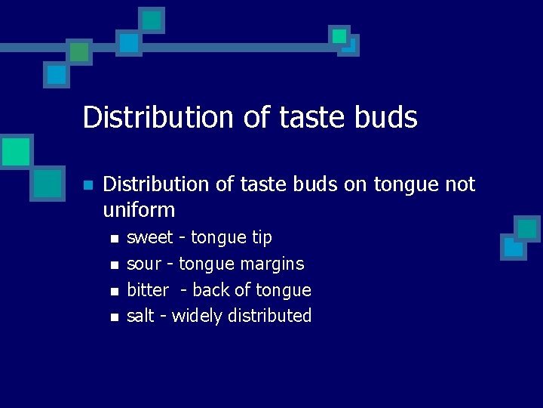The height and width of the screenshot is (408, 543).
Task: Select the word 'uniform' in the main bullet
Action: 138,210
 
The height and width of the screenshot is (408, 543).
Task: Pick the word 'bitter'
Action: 148,290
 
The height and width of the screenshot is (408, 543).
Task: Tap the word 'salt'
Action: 140,316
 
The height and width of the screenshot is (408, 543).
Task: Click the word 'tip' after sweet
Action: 262,237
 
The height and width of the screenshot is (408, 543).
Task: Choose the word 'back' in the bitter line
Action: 213,290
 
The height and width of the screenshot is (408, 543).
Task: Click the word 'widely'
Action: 197,316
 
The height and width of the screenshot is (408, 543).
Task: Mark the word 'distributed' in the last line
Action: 270,316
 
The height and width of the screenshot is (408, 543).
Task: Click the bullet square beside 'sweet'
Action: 114,239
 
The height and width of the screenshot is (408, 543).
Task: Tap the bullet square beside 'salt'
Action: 114,317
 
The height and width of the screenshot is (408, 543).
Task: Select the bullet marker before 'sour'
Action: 114,265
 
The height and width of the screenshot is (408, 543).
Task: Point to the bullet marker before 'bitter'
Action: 114,292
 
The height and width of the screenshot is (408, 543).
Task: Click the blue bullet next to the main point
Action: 88,185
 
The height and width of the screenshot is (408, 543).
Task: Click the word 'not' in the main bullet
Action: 459,184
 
